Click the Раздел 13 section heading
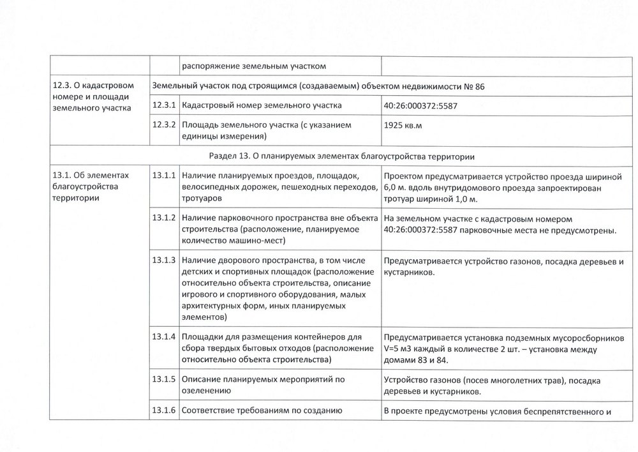(x=345, y=156)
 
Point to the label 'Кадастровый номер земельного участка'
(x=262, y=105)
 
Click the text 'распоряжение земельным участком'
(x=255, y=64)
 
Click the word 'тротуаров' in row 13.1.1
(x=202, y=199)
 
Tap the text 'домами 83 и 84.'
(x=415, y=361)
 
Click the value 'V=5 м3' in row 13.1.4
(x=399, y=349)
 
